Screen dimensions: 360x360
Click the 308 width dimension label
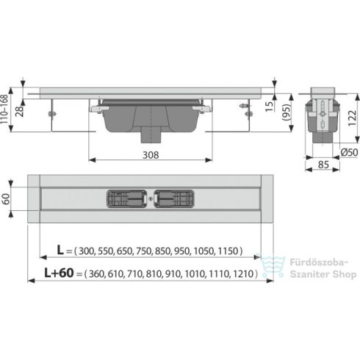click(150, 155)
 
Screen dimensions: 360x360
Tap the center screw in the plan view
click(150, 198)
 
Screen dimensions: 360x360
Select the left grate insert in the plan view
click(126, 198)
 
